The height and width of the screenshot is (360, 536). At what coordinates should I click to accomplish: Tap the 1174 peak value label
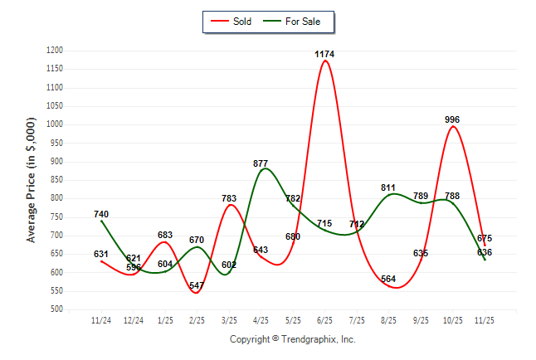(x=324, y=55)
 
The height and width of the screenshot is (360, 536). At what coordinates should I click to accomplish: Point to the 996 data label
(x=452, y=120)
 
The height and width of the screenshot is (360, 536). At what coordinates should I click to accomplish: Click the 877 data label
(x=261, y=164)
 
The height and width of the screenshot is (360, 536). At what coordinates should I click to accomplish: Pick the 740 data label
(x=101, y=215)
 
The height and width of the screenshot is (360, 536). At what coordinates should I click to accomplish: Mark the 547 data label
(x=197, y=286)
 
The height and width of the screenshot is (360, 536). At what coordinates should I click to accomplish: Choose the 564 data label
(x=388, y=280)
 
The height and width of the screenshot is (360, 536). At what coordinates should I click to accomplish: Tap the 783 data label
(x=229, y=198)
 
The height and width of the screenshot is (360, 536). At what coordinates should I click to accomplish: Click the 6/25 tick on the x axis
(x=324, y=319)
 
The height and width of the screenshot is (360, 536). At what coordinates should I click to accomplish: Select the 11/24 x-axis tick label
(x=101, y=319)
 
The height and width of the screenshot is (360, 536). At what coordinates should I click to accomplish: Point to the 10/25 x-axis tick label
(x=452, y=319)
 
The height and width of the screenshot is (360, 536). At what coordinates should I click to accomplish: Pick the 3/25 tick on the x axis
(x=229, y=319)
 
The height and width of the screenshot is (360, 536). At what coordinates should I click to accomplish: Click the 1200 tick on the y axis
(x=55, y=51)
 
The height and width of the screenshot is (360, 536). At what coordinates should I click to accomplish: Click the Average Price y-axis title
(x=32, y=180)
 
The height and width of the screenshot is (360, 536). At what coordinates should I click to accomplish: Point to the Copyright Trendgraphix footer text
(x=292, y=339)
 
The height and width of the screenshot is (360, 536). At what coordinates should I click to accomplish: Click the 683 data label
(x=165, y=236)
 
